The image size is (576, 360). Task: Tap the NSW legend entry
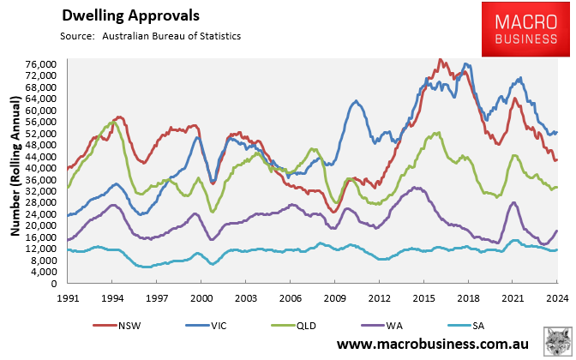[x=126, y=326]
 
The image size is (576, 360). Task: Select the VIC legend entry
[x=216, y=326]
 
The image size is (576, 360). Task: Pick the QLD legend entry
[x=307, y=326]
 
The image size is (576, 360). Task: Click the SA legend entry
[x=485, y=326]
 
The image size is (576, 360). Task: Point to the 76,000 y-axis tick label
[x=42, y=64]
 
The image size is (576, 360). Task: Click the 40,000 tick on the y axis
[x=42, y=168]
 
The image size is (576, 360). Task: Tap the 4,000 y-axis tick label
[x=45, y=272]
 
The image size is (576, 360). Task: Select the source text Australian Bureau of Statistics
[x=171, y=36]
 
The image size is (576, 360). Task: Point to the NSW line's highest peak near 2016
[x=440, y=60]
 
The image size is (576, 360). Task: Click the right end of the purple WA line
[x=557, y=230]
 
